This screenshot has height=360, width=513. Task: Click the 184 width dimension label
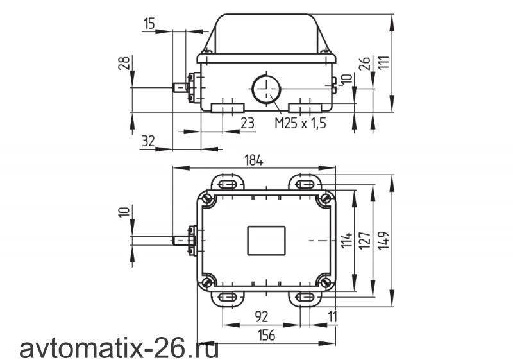click(253, 160)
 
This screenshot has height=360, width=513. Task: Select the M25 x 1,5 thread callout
click(300, 123)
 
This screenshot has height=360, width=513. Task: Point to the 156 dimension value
click(266, 335)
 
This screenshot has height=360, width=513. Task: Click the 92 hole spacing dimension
click(261, 316)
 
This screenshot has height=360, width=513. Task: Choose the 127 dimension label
click(365, 241)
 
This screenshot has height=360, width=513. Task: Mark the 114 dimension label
click(347, 241)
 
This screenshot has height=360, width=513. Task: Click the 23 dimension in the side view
click(248, 123)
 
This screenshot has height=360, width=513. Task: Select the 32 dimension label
click(148, 141)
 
